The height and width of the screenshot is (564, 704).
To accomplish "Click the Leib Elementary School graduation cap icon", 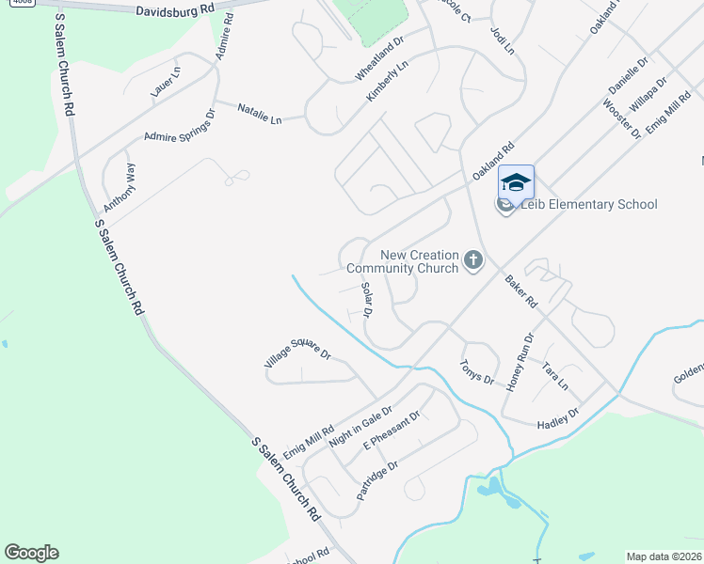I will (516, 181).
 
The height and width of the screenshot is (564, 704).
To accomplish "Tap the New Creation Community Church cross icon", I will (472, 259).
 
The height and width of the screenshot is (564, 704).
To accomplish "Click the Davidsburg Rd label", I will (174, 12).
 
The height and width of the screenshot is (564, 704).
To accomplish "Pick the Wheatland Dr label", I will (378, 57).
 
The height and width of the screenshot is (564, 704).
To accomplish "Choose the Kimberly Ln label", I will (387, 84).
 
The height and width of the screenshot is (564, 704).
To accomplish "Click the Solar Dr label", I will (367, 299).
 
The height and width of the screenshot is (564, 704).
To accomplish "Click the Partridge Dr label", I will (377, 479).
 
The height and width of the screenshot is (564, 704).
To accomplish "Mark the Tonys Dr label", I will (476, 372).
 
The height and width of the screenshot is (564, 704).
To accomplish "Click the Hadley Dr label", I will (557, 418).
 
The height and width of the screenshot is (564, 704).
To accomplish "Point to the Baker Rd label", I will (520, 291).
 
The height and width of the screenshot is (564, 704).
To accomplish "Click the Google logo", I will (31, 553).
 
